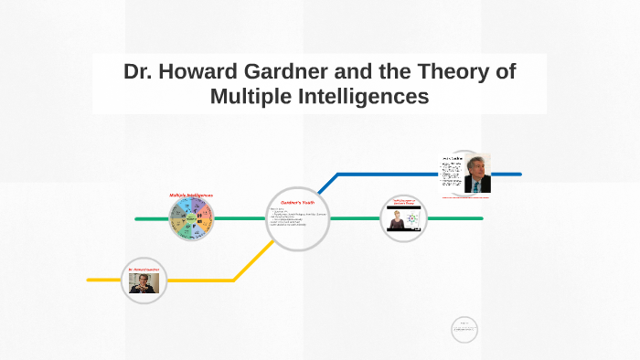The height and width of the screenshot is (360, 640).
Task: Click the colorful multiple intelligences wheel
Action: (x=192, y=220)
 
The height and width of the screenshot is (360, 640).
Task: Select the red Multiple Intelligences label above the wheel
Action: (x=191, y=196)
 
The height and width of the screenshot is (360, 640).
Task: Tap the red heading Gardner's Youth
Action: (x=297, y=203)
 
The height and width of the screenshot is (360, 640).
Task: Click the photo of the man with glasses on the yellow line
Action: (x=144, y=283)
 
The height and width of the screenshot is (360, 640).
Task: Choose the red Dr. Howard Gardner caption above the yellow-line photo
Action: (x=144, y=270)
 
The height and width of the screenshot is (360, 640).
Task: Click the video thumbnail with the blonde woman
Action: (x=403, y=221)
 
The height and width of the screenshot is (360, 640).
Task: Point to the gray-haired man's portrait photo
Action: (x=476, y=173)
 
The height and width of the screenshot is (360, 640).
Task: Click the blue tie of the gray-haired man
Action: (x=477, y=185)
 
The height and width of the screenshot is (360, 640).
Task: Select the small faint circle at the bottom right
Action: (x=464, y=329)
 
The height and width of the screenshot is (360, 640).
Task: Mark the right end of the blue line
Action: (x=519, y=174)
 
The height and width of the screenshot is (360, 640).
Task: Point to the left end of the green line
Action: (x=137, y=219)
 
